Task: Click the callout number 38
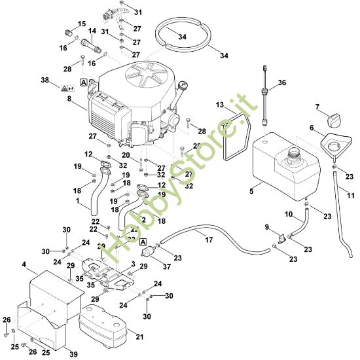pos(45,81)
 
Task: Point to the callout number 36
pos(283,82)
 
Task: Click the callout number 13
pos(221,105)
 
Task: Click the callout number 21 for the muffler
pos(138,337)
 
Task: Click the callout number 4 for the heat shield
pos(24,265)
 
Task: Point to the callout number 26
pos(7,319)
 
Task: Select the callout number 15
pos(82,24)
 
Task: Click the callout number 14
pos(92,31)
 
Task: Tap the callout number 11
pos(351,196)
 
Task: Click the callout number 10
pos(289,214)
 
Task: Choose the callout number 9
pos(266,227)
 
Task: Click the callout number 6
pos(312,128)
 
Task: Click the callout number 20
pos(143,154)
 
